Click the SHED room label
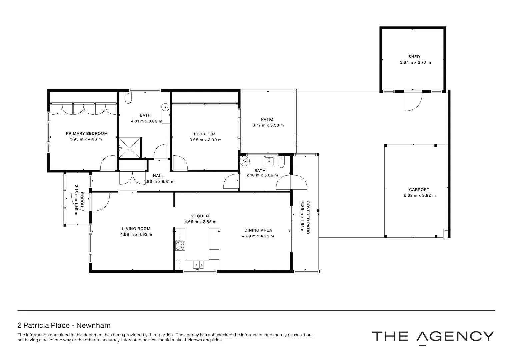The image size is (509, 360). [414, 57]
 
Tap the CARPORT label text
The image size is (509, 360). [419, 190]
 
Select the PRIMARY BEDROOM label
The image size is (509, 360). [87, 133]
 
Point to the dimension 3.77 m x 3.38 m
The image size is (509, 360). [268, 125]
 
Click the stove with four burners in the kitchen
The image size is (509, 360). [180, 246]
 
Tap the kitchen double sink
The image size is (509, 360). [198, 265]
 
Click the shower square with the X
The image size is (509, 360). [130, 148]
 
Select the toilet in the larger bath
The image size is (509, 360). [128, 98]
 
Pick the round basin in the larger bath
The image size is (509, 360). [166, 107]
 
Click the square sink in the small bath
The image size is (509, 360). [269, 161]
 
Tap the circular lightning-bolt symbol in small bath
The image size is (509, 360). [245, 161]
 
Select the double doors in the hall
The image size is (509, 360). [132, 177]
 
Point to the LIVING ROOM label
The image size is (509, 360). [136, 229]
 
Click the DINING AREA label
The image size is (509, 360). [258, 230]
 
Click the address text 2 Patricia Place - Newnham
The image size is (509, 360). [64, 325]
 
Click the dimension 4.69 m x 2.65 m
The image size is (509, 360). [200, 222]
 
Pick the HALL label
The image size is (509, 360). [158, 176]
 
